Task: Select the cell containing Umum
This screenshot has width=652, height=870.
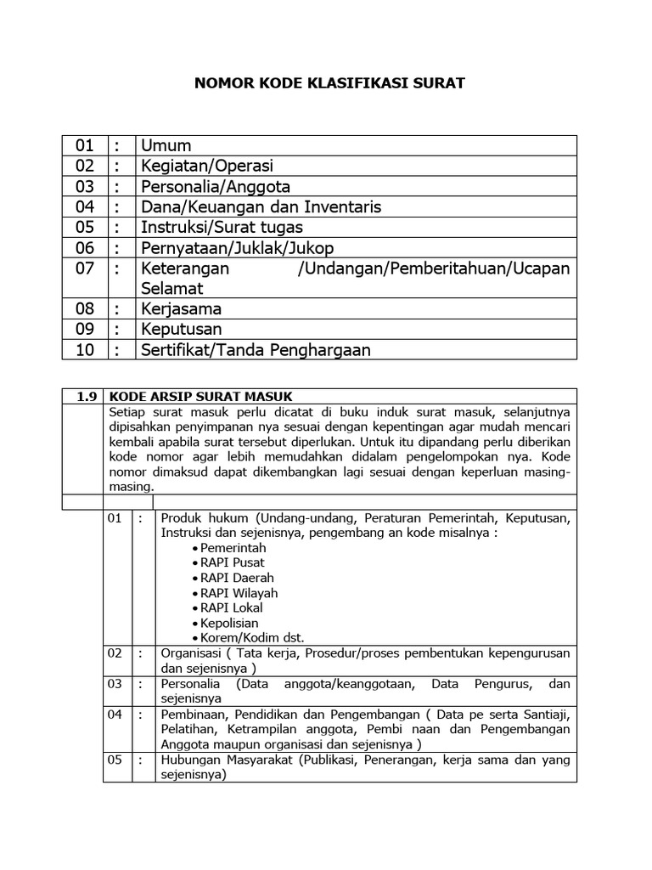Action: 166,145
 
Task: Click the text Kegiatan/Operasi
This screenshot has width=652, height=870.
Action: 207,166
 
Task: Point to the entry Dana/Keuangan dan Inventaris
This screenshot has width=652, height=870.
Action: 261,206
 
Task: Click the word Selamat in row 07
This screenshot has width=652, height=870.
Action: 172,288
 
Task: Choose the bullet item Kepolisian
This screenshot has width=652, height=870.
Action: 230,623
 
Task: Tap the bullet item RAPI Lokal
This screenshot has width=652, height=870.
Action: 232,607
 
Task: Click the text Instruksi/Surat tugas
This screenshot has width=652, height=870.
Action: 222,227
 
